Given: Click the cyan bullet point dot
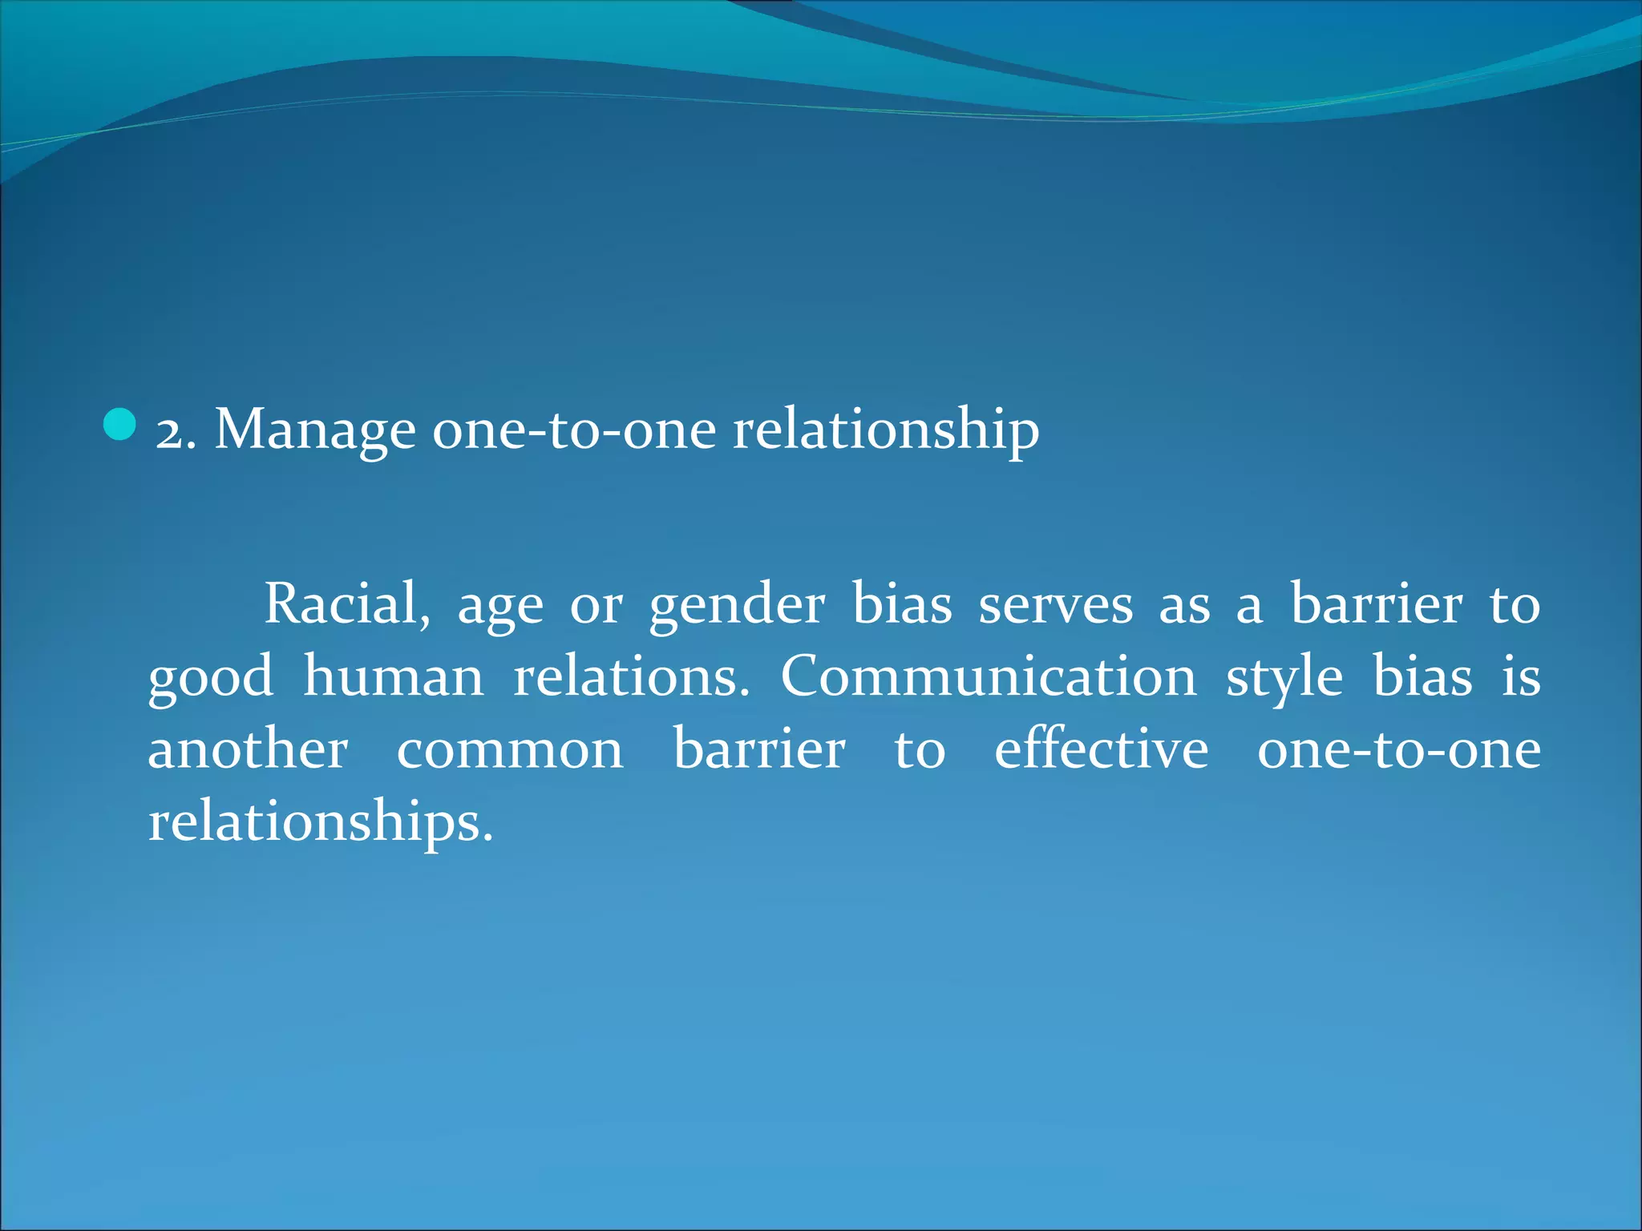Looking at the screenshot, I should coord(120,425).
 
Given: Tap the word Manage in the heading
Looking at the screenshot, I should coord(315,431).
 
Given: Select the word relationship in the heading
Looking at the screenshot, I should coord(886,431).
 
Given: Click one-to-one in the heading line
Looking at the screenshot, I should coord(574,431).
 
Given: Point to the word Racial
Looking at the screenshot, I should coord(346,603).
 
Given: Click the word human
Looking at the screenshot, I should coord(394,676).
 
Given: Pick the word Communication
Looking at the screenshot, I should coord(989,676).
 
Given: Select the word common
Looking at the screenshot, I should coord(510,752).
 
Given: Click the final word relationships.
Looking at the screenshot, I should coord(320,823).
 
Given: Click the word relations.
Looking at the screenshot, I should coord(631,676).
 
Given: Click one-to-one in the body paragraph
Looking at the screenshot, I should coord(1398,750).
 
